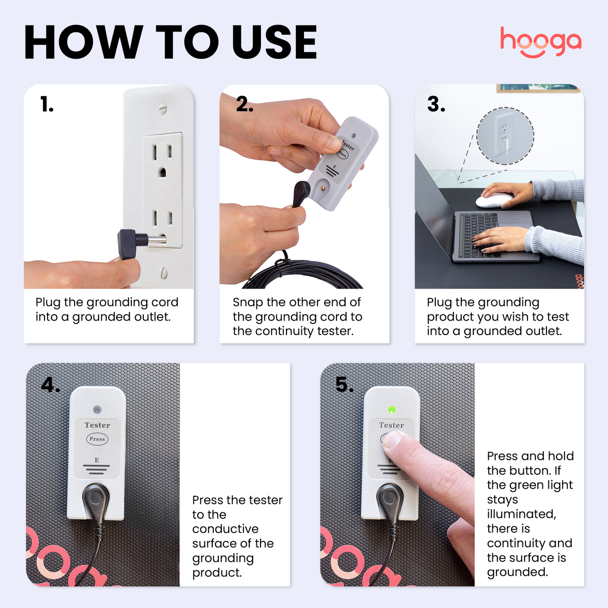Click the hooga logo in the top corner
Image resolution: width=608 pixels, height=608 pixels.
(x=540, y=42)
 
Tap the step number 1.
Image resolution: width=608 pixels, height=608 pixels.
(x=47, y=105)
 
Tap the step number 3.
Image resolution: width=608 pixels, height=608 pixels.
(x=436, y=105)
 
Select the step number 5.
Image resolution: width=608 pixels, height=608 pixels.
(x=345, y=385)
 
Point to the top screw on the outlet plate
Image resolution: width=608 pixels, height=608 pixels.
(x=162, y=107)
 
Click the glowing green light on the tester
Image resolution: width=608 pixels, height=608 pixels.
(x=392, y=410)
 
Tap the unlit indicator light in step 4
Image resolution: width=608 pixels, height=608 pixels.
(x=97, y=410)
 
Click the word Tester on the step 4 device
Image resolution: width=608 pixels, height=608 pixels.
(x=97, y=425)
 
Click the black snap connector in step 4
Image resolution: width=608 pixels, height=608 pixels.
(x=95, y=498)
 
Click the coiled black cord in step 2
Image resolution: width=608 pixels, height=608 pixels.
(x=300, y=275)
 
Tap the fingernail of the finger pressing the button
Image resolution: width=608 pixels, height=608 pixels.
(x=392, y=440)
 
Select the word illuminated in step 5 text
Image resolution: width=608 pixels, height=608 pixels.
(x=521, y=514)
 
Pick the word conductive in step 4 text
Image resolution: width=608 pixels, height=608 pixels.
(x=225, y=529)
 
